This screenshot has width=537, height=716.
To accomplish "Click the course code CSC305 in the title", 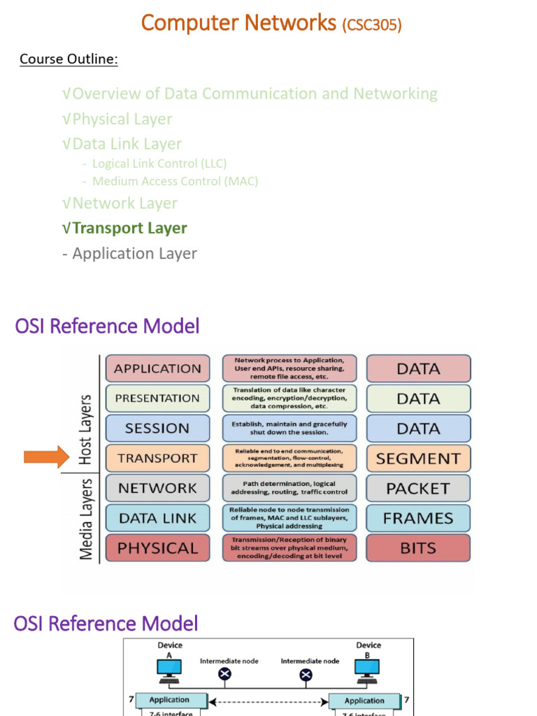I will click(371, 25).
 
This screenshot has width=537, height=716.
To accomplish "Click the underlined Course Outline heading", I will click(69, 59).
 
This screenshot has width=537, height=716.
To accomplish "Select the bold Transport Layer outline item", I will click(129, 228).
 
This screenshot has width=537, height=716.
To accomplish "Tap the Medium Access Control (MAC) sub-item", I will click(175, 181).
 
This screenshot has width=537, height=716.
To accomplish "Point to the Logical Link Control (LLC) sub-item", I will click(159, 164).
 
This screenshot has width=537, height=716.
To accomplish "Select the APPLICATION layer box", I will click(157, 368).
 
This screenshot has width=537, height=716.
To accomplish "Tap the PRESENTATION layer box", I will click(157, 399).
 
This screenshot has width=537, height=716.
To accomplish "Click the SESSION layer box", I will click(157, 428).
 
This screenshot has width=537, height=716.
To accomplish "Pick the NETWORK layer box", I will click(157, 488).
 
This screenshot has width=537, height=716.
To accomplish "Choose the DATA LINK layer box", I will click(157, 518).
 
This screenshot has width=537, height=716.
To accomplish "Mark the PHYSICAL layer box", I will click(157, 548).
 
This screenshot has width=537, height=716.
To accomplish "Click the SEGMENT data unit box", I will click(418, 459).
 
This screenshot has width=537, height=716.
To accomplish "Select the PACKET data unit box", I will click(418, 488).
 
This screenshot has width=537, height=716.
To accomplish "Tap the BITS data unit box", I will click(418, 548).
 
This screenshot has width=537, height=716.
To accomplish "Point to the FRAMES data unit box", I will click(418, 518).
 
